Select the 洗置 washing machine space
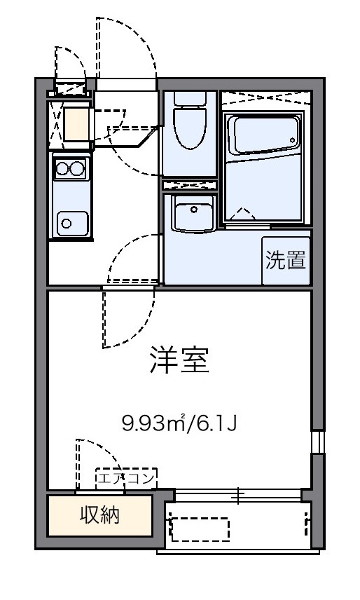pyautogui.click(x=286, y=261)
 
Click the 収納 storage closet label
pyautogui.click(x=99, y=515)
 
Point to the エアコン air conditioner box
pyautogui.click(x=126, y=479)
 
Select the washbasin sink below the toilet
pyautogui.click(x=192, y=214)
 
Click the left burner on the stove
pyautogui.click(x=62, y=168)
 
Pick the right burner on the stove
pyautogui.click(x=77, y=168)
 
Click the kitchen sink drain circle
pyautogui.click(x=67, y=224)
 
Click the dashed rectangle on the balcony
pyautogui.click(x=200, y=529)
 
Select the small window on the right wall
pyautogui.click(x=317, y=441)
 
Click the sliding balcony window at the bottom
pyautogui.click(x=238, y=496)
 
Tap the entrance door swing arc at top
pyautogui.click(x=126, y=49)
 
